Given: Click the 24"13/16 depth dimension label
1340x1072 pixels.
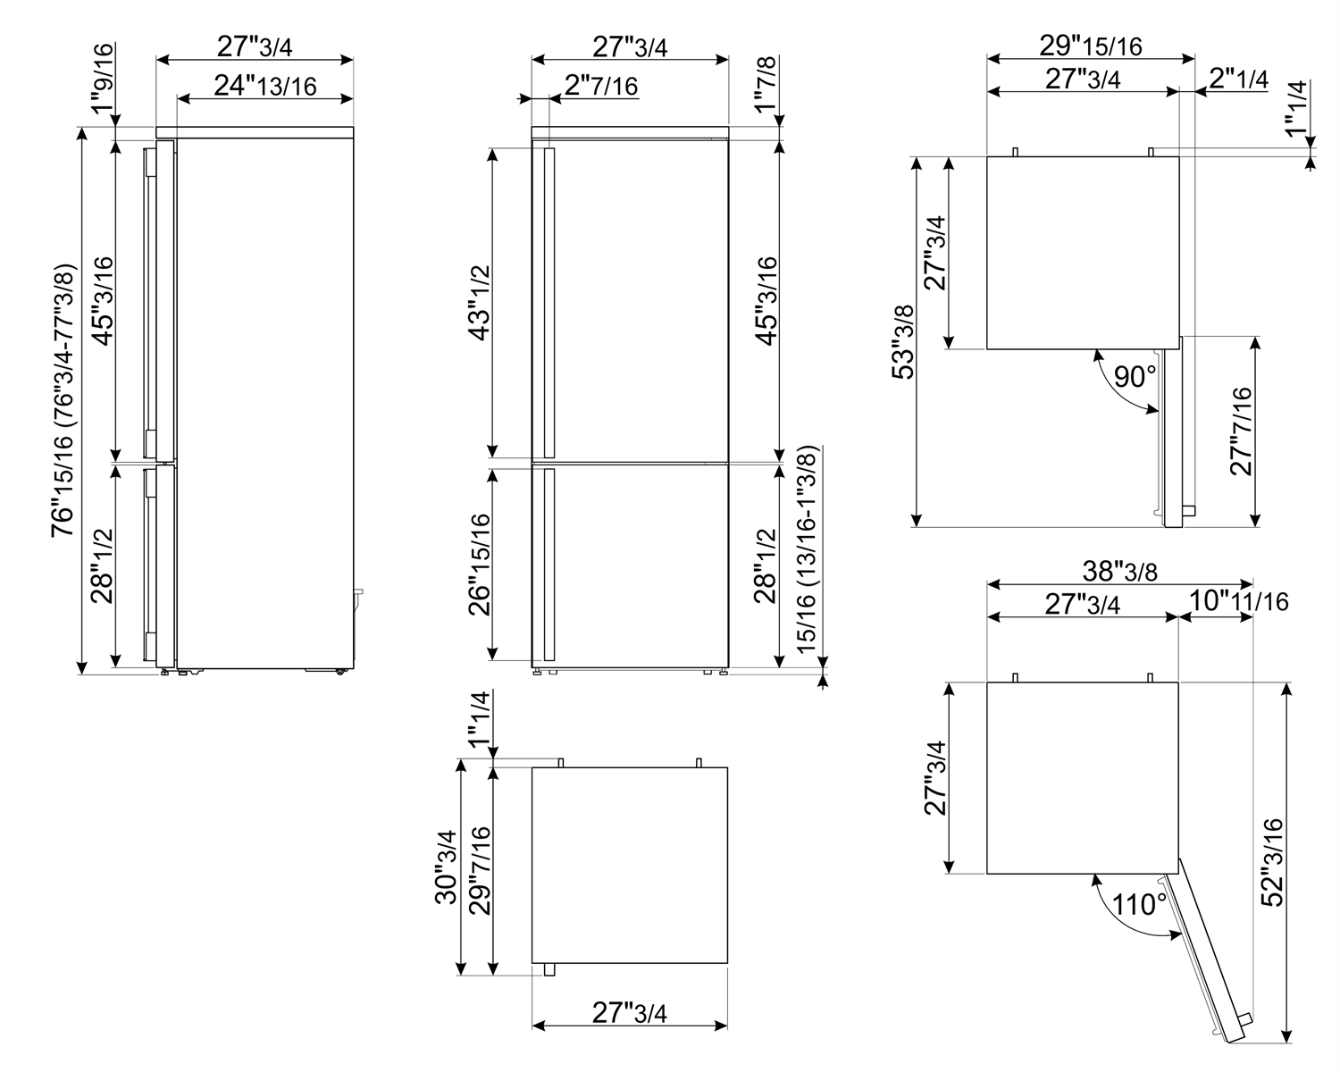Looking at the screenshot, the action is [265, 86].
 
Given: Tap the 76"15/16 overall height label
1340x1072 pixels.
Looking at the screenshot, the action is [63, 401].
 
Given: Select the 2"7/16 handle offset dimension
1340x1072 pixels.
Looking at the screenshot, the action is [601, 86].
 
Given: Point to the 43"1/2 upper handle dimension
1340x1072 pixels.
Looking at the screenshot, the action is [480, 304].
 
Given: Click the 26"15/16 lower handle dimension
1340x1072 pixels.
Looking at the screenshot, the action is [480, 565].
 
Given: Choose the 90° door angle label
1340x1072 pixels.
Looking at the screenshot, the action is [1135, 377].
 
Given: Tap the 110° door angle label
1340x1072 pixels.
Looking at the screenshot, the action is [1139, 904].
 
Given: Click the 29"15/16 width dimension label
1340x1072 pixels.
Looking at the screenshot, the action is [1091, 46].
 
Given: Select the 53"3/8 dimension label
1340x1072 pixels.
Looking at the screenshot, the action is [903, 342].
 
